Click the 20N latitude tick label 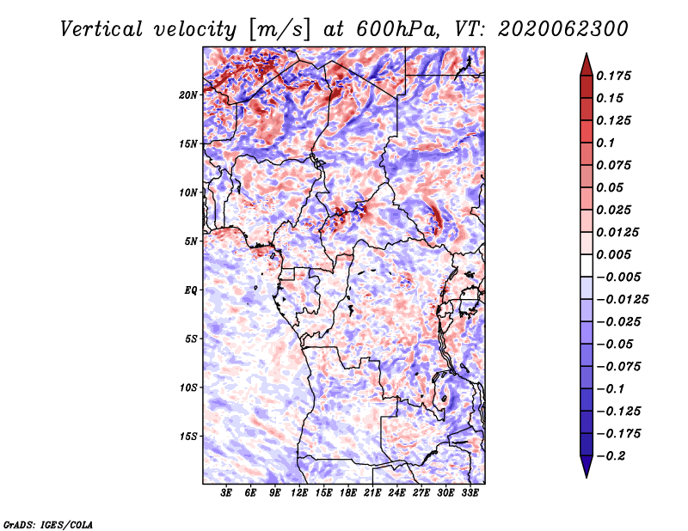(188, 95)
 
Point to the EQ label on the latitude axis (191, 290)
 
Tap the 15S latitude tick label (188, 436)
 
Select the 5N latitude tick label (191, 241)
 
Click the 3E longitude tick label (226, 493)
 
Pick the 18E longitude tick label (348, 493)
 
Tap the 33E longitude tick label (470, 493)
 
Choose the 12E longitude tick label (299, 493)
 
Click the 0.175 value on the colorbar (613, 76)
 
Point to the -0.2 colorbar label (611, 456)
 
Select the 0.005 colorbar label (613, 254)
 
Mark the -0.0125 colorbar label (622, 300)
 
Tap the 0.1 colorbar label (605, 143)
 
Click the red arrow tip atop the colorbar (587, 53)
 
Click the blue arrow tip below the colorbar (587, 477)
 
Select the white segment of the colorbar (587, 265)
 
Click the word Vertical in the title (101, 29)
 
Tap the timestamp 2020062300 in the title (563, 29)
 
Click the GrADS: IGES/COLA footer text (48, 524)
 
